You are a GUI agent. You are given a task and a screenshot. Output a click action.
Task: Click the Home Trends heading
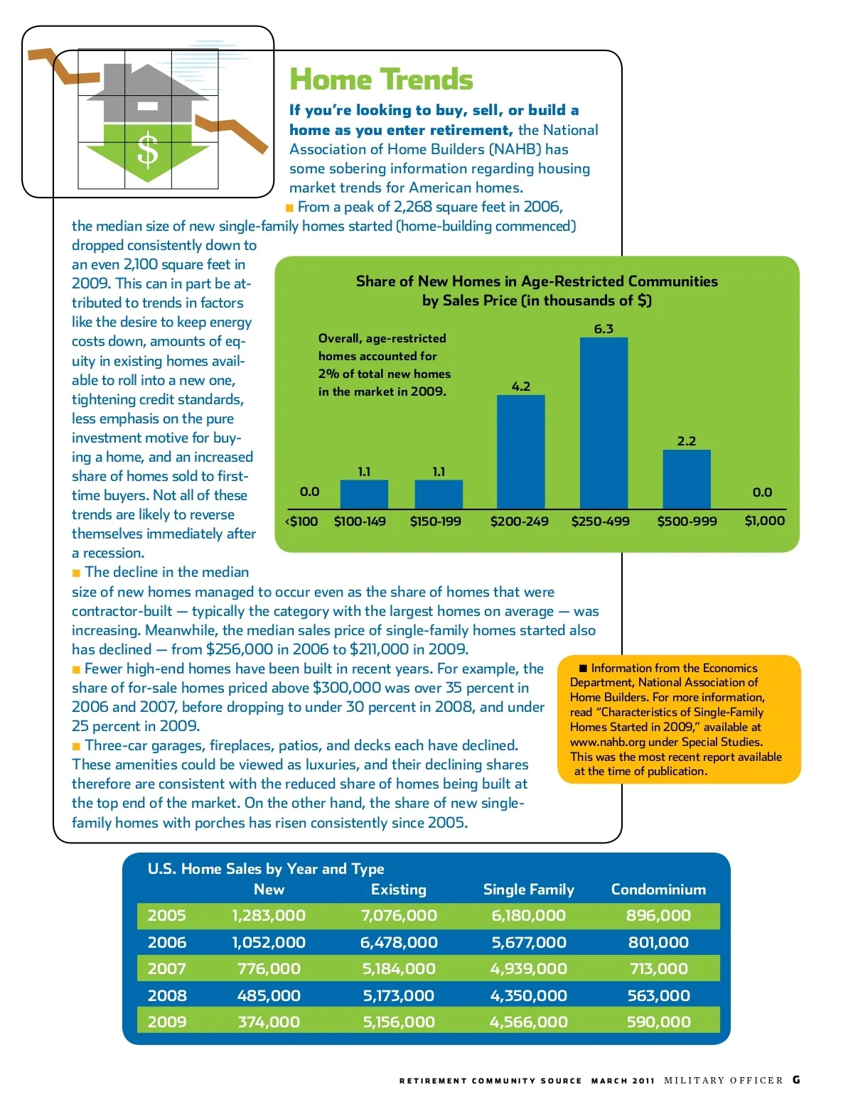[x=381, y=80]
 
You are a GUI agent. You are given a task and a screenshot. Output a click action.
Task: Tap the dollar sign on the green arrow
[x=147, y=150]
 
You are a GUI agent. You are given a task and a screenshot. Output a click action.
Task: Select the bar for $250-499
[x=603, y=423]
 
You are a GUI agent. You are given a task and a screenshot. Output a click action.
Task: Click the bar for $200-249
[x=520, y=452]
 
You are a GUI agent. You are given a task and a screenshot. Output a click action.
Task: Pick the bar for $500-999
[x=686, y=479]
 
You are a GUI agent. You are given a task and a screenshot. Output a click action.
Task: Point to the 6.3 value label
[x=603, y=329]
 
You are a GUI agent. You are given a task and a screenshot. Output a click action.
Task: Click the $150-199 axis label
[x=435, y=521]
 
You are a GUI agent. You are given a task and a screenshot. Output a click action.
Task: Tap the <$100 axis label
[x=301, y=521]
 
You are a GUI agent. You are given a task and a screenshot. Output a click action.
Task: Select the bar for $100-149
[x=364, y=494]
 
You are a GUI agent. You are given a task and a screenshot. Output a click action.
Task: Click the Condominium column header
[x=658, y=890]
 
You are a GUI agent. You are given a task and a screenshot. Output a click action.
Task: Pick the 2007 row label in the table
[x=166, y=969]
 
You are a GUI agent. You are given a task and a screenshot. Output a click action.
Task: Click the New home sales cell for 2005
[x=269, y=916]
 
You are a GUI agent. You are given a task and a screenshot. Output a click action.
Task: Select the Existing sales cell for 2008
[x=398, y=996]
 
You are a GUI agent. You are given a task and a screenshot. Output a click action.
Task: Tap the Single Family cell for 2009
[x=528, y=1022]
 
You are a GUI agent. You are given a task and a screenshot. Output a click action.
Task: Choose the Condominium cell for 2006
[x=658, y=943]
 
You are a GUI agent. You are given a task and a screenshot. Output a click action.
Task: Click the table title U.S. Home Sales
[x=265, y=869]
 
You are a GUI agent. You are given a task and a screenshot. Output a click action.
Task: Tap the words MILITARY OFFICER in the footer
[x=723, y=1081]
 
